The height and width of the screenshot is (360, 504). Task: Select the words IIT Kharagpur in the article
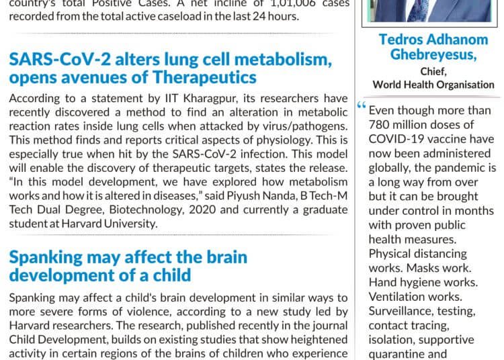pos(192,98)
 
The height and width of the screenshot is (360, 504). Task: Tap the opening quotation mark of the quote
pos(363,106)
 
